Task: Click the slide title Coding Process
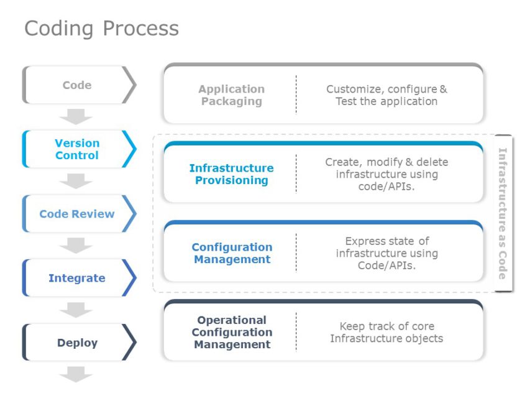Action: click(101, 29)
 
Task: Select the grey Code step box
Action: click(77, 85)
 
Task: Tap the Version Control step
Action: click(77, 149)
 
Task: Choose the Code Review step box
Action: click(77, 214)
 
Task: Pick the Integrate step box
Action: click(77, 278)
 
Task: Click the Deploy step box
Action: click(77, 343)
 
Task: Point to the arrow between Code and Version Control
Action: click(76, 117)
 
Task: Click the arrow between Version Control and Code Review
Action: click(76, 181)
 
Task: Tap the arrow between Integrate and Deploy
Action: click(76, 310)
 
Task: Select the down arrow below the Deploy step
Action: click(76, 374)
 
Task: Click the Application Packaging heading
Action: click(232, 95)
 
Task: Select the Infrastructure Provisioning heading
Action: click(231, 174)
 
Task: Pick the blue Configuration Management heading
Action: click(232, 253)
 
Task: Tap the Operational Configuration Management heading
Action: click(232, 332)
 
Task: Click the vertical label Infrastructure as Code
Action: click(503, 213)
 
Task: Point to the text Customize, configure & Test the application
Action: click(386, 95)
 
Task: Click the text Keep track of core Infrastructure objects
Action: click(386, 332)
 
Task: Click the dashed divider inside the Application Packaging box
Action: click(296, 95)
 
